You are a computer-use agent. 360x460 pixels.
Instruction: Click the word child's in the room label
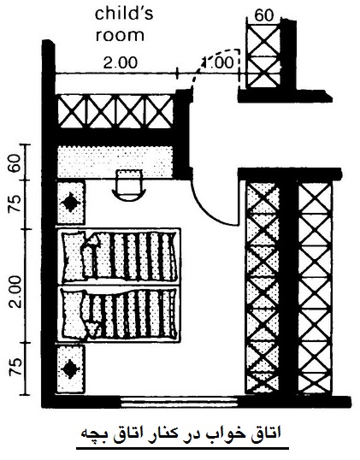click(x=124, y=14)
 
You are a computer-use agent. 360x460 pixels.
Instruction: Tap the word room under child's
click(x=120, y=35)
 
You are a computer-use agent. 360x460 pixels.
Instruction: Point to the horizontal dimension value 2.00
click(x=121, y=62)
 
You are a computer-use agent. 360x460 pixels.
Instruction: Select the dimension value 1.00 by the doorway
click(x=218, y=62)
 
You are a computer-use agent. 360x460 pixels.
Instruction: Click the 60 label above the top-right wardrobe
click(x=263, y=15)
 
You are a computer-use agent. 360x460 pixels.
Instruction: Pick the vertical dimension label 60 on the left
click(x=15, y=162)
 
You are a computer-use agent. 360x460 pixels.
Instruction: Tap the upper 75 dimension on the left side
click(x=15, y=203)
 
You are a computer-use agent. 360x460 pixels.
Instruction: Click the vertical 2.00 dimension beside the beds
click(x=15, y=291)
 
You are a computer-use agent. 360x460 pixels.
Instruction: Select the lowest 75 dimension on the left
click(x=15, y=367)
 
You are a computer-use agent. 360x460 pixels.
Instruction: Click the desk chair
click(x=129, y=186)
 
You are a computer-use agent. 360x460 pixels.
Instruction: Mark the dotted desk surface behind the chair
click(x=115, y=162)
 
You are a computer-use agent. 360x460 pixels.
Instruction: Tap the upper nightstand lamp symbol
click(x=70, y=203)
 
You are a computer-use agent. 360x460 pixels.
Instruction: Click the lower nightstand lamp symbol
click(x=70, y=369)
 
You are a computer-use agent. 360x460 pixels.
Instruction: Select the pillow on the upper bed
click(x=73, y=256)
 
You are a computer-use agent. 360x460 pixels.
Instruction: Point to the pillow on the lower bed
click(x=73, y=313)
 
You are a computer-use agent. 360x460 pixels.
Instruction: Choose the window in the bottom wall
click(x=179, y=402)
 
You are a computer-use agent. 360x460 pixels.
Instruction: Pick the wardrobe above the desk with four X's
click(x=115, y=111)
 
